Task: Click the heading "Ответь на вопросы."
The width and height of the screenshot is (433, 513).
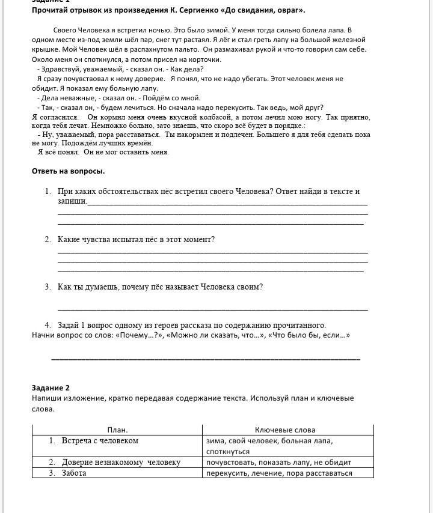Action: pos(68,171)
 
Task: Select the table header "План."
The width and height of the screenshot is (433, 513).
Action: pos(117,430)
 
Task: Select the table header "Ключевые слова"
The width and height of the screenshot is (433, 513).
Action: pos(284,430)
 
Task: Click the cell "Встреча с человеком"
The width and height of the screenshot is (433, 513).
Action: pos(100,441)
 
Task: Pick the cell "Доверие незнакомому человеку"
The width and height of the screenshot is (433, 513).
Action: pos(120,463)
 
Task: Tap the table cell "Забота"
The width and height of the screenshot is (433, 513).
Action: pos(74,473)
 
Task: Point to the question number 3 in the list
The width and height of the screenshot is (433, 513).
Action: pos(48,287)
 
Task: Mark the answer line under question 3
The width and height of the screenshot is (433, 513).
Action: pos(212,309)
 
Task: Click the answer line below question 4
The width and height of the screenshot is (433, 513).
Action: pos(206,359)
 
